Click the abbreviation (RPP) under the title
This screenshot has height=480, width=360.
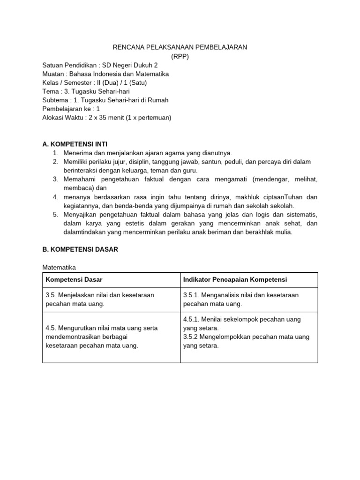pyautogui.click(x=180, y=56)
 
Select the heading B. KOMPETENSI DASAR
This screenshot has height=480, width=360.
pyautogui.click(x=80, y=249)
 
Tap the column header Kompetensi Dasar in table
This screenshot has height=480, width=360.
pyautogui.click(x=74, y=280)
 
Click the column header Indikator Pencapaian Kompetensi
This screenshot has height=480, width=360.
pyautogui.click(x=235, y=280)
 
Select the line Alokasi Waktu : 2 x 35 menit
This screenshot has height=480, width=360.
pyautogui.click(x=107, y=118)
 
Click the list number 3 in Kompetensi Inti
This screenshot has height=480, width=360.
pyautogui.click(x=55, y=179)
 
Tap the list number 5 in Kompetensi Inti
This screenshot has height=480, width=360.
pyautogui.click(x=55, y=214)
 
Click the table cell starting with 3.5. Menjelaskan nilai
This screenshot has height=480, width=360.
pyautogui.click(x=100, y=299)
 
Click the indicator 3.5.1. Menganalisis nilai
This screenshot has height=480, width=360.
pyautogui.click(x=240, y=299)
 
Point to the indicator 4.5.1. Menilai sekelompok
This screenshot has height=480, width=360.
pyautogui.click(x=241, y=323)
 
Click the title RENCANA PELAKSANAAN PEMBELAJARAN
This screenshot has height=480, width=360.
pyautogui.click(x=180, y=47)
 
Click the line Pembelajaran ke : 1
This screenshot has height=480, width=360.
pyautogui.click(x=71, y=109)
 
